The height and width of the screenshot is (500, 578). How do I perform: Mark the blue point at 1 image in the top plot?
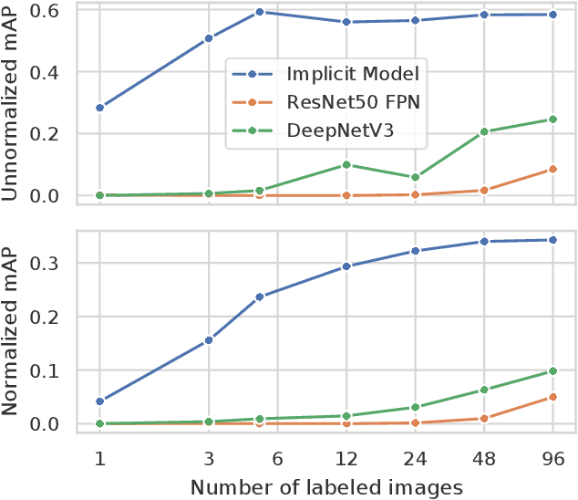pos(99,108)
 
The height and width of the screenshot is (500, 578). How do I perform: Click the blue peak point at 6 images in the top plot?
pos(260,12)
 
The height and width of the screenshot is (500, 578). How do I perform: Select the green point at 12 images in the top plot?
pos(346,165)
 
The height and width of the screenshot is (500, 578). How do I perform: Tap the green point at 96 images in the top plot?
pos(552,120)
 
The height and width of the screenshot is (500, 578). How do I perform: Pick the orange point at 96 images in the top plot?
pos(552,169)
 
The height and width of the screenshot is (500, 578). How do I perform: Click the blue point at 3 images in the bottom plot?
pos(209,340)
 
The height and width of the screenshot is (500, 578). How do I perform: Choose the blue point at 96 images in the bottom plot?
pos(552,240)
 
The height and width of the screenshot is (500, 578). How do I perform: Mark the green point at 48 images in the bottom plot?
pos(484,390)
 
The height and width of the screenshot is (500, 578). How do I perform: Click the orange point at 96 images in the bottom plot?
pos(552,397)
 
